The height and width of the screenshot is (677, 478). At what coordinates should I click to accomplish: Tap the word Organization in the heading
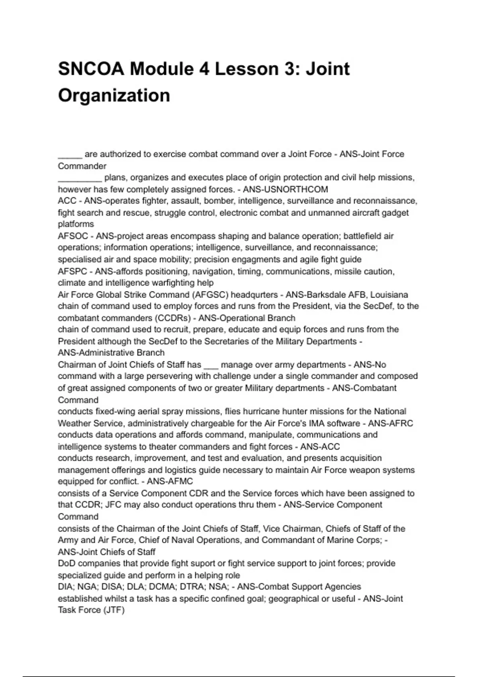point(114,96)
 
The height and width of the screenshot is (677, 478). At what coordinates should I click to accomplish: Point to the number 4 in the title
point(204,69)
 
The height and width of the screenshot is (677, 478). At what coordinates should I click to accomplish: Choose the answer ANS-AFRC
point(390,423)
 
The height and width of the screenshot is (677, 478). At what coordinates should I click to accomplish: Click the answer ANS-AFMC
point(170,481)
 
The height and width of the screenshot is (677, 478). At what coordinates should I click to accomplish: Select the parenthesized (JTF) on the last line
point(114,610)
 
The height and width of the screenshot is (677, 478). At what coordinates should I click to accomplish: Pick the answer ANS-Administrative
point(96,353)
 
